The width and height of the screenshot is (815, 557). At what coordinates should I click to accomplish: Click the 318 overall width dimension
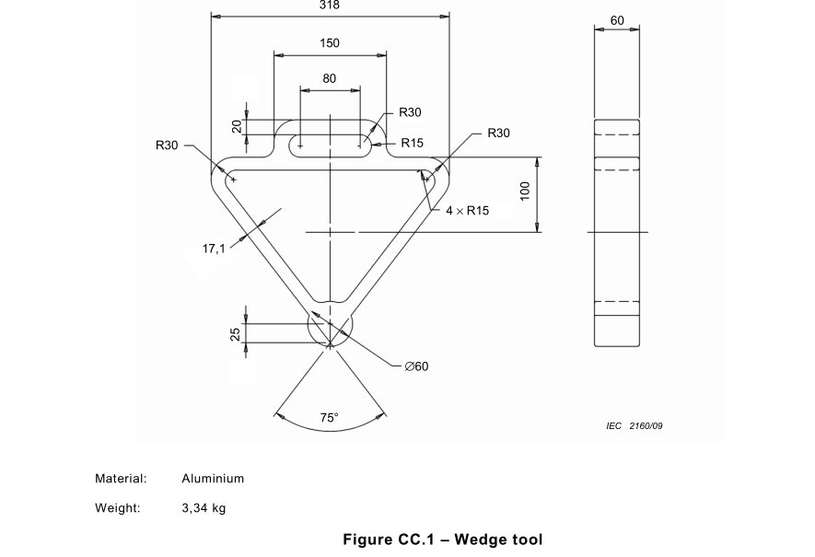(x=330, y=6)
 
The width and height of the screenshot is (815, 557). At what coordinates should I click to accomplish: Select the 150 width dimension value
(x=330, y=43)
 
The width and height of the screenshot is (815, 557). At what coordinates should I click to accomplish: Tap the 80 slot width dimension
(x=330, y=79)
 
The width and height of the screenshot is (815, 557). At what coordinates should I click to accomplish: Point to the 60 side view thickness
(x=617, y=20)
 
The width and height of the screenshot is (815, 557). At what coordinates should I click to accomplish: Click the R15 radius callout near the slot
(x=411, y=144)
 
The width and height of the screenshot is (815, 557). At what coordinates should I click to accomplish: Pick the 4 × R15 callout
(x=467, y=211)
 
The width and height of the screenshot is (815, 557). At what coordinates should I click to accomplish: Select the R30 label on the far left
(x=167, y=145)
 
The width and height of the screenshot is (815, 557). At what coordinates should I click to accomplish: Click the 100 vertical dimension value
(x=525, y=191)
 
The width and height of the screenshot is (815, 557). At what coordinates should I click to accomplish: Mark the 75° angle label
(x=330, y=418)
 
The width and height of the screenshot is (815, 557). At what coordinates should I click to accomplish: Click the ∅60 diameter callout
(x=416, y=366)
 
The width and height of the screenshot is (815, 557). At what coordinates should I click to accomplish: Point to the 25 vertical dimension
(x=236, y=333)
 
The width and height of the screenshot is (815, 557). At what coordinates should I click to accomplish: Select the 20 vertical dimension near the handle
(x=237, y=127)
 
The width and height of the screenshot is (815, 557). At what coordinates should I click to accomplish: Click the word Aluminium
(x=213, y=479)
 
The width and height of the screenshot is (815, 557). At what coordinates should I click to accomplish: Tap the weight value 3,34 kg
(x=204, y=508)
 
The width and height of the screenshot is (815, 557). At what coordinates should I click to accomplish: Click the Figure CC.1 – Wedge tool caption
(x=442, y=540)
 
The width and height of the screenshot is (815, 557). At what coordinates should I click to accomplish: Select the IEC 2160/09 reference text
(x=635, y=426)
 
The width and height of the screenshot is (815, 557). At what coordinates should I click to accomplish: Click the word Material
(x=121, y=479)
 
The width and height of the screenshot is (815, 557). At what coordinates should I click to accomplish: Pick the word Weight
(x=117, y=508)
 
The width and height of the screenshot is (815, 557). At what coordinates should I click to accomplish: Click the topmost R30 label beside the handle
(x=410, y=112)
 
